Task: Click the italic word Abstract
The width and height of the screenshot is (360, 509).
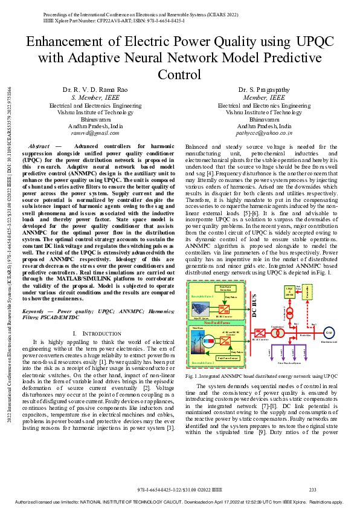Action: coord(40,146)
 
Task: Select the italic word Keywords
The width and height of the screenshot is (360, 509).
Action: coord(44,311)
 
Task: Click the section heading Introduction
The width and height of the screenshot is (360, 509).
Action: coord(100,334)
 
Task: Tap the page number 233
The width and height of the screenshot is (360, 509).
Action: coord(313,489)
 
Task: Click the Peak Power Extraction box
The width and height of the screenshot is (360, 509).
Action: coord(227,288)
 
